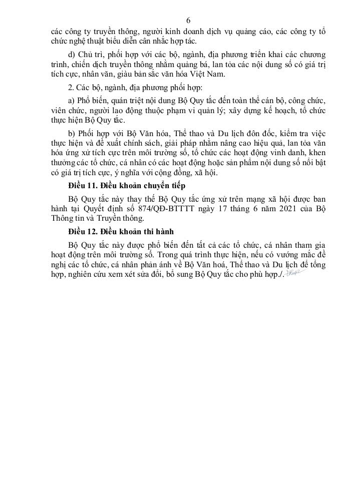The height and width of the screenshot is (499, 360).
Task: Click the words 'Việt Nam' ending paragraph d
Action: pos(212,76)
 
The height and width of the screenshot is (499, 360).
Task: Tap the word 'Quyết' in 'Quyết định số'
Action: pos(85,208)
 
